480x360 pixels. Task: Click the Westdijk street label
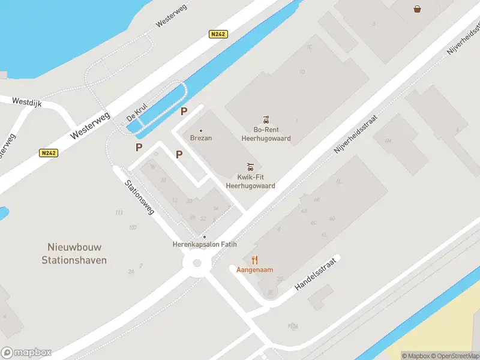[26, 103]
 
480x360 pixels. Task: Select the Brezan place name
[200, 138]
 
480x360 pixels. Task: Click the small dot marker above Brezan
[200, 130]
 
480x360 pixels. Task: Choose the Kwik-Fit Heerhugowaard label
[250, 181]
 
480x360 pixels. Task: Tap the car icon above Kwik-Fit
[250, 167]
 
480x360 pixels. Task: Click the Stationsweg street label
[140, 197]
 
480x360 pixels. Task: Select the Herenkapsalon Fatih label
[205, 245]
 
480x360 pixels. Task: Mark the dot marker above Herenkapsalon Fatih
[205, 237]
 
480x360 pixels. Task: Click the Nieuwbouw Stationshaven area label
[74, 253]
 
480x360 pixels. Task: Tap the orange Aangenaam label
[255, 270]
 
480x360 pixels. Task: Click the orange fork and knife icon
[255, 260]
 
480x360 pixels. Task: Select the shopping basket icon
[416, 8]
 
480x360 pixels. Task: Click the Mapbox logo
[26, 353]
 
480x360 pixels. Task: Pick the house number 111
[119, 213]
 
